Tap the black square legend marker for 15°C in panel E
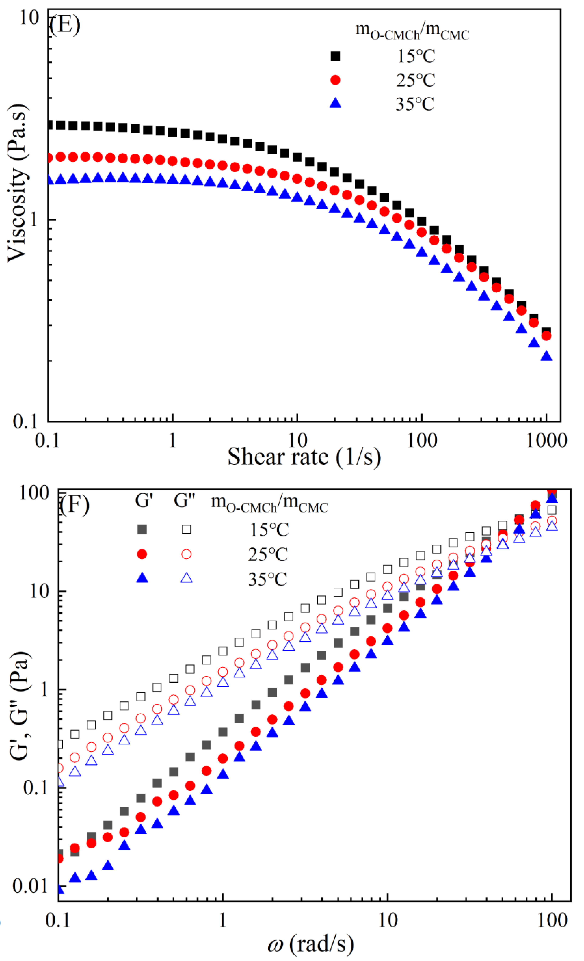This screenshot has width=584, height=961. click(x=335, y=56)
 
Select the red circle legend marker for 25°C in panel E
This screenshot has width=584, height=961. click(x=335, y=80)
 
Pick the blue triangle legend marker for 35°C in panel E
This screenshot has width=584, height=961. click(x=335, y=103)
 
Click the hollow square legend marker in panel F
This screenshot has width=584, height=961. click(x=186, y=529)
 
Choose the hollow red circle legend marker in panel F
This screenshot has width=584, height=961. click(x=186, y=554)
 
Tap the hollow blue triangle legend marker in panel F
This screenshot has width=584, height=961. click(x=186, y=578)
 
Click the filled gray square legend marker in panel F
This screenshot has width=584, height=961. click(x=142, y=529)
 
